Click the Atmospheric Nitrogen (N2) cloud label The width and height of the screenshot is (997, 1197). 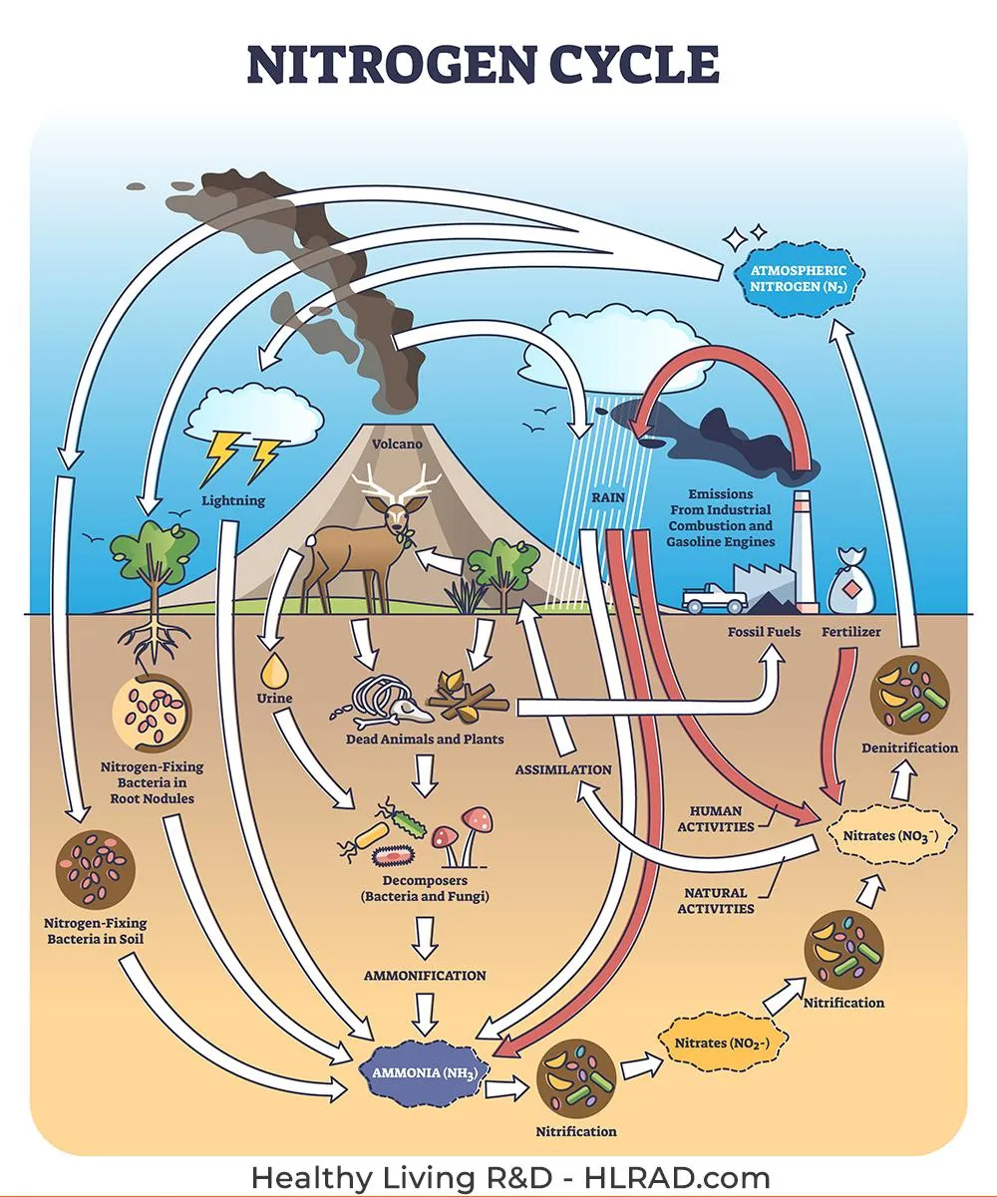[x=798, y=279]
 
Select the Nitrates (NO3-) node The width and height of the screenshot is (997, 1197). [x=890, y=836]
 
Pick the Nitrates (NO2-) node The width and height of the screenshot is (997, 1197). [x=722, y=1043]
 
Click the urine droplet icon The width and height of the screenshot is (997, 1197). [x=273, y=670]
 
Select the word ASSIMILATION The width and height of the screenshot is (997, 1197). [x=562, y=769]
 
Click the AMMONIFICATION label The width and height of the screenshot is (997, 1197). [x=425, y=975]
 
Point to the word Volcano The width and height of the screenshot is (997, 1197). [x=397, y=444]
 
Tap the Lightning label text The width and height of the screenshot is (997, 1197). [x=233, y=500]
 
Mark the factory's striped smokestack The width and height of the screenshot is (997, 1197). [x=804, y=550]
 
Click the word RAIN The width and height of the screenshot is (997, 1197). [x=608, y=497]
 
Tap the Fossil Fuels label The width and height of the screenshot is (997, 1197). [x=764, y=632]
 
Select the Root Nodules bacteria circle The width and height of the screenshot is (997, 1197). [x=152, y=712]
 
